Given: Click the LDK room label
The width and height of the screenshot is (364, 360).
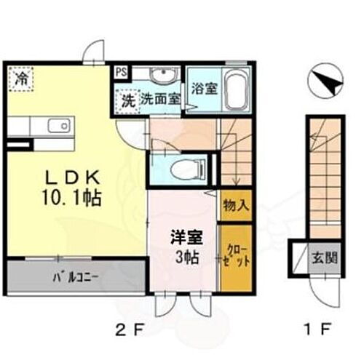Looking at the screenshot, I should tap(71, 178).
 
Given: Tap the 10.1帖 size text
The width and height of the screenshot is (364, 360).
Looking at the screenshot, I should tap(71, 196).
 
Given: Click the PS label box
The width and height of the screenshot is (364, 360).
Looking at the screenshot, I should tap(120, 73).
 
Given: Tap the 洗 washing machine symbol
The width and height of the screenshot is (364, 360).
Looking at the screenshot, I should tap(127, 100).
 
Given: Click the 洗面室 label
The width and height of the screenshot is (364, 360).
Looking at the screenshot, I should tap(159, 100).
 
